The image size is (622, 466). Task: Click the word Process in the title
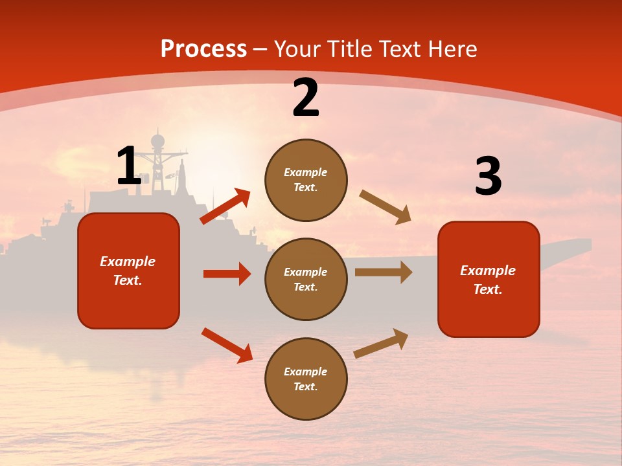point(203,49)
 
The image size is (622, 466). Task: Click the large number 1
point(128,166)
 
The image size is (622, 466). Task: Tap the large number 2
point(306,98)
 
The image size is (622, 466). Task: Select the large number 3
point(488,177)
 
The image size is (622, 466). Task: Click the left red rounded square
point(128,271)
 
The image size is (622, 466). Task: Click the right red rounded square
point(489,279)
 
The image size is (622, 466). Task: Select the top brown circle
point(306,180)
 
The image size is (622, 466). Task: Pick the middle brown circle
point(306,279)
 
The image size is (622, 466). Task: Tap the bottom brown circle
point(306,379)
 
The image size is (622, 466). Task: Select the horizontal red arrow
point(227,274)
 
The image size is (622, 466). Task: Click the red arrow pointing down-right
point(227,345)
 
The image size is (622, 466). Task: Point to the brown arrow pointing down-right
point(386,207)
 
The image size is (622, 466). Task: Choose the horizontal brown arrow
point(384,272)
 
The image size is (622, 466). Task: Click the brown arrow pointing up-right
point(382,343)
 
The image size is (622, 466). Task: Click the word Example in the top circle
point(306,172)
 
